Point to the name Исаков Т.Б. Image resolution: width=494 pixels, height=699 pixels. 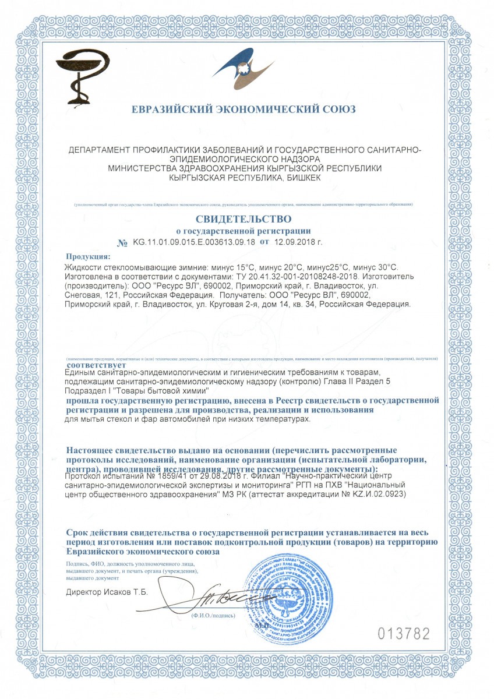coord(125,592)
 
